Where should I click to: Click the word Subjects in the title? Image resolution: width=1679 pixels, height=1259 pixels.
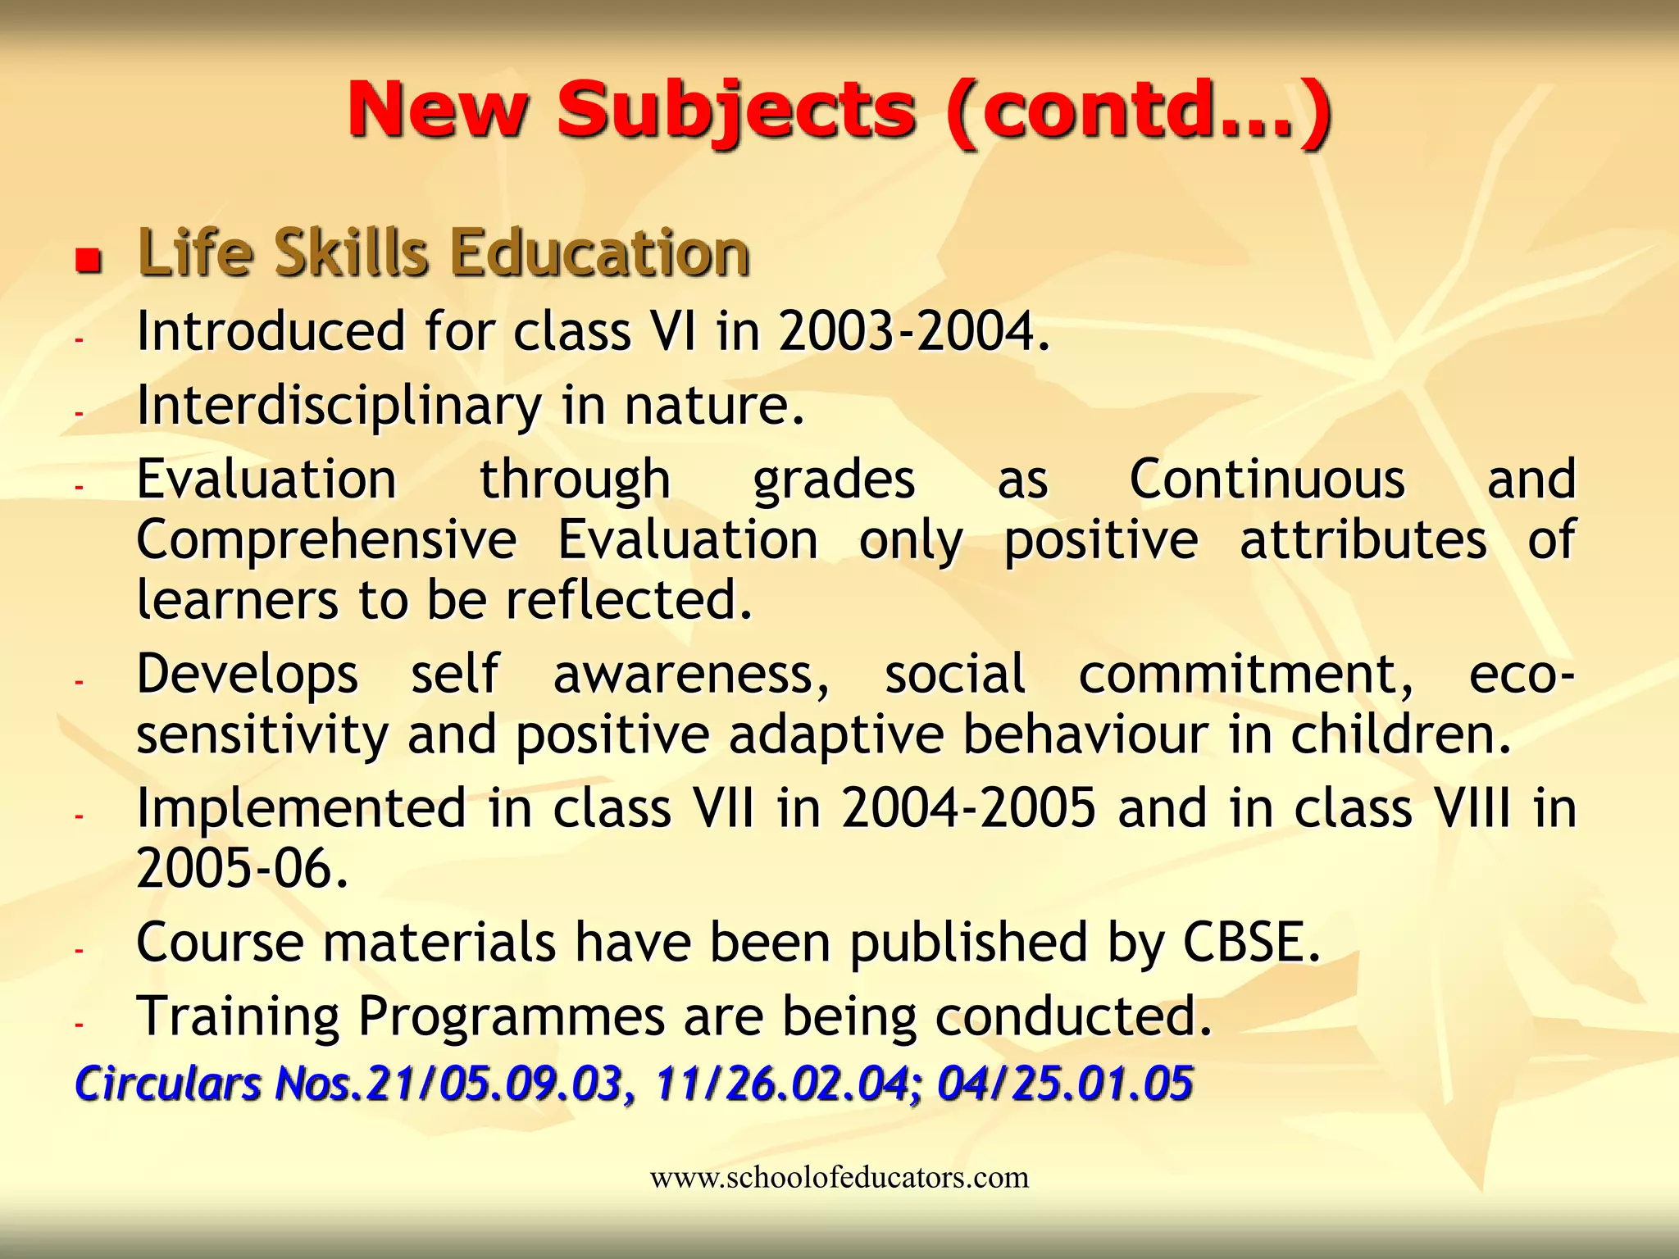point(735,111)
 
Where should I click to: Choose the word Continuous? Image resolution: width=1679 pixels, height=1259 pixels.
point(1267,480)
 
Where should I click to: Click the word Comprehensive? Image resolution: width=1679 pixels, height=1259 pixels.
point(326,541)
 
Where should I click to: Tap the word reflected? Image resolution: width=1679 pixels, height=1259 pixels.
point(628,600)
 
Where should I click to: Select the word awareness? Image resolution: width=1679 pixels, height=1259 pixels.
point(691,675)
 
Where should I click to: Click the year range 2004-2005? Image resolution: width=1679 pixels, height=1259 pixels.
point(968,808)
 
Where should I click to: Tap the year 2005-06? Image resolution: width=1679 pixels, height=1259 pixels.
point(243,869)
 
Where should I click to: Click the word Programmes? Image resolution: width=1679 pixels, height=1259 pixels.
point(512,1016)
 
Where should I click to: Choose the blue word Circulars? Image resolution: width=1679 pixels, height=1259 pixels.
point(167,1084)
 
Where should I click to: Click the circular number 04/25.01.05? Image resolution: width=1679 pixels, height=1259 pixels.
point(1064,1084)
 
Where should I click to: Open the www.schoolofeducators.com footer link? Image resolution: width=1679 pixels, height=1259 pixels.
point(839,1178)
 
